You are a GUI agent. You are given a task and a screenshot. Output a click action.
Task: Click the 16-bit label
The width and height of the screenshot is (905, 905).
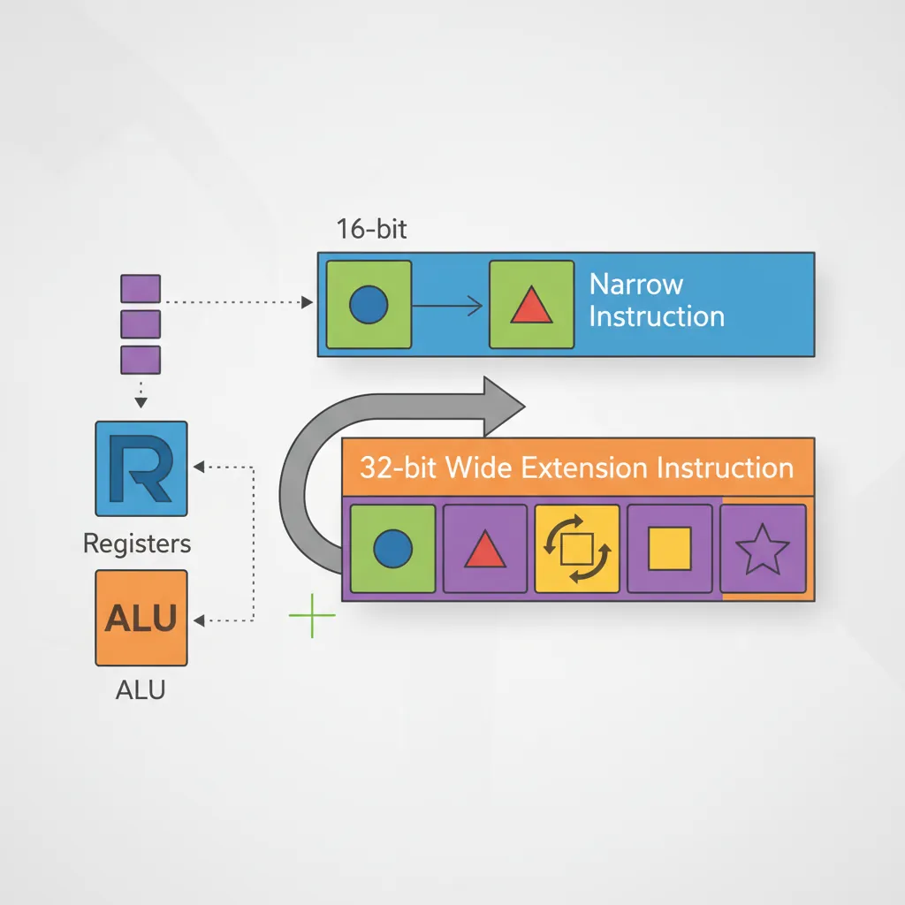(371, 228)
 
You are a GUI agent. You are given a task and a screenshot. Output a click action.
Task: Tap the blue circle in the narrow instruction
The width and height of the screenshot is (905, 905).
(369, 305)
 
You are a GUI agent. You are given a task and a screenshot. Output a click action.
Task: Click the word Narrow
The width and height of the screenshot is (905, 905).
(636, 285)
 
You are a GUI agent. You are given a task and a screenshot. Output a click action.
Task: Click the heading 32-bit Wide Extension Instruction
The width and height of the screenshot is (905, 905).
(576, 468)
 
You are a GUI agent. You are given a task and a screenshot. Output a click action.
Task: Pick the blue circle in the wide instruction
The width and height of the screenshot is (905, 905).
(393, 549)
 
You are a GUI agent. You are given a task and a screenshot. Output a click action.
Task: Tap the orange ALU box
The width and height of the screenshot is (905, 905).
(141, 618)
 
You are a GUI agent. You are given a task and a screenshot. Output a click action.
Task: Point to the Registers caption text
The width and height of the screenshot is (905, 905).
(137, 544)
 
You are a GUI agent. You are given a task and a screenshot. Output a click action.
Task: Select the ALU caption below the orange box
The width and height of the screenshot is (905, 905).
(141, 690)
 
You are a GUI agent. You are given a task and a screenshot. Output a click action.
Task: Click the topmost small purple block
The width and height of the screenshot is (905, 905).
(140, 288)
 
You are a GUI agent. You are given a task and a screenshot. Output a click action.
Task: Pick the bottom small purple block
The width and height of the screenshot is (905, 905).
(140, 360)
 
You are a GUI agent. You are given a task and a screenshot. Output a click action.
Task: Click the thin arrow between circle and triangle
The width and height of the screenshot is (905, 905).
(449, 306)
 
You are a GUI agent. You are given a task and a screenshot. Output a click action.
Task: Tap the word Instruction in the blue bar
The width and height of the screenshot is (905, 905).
(657, 317)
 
